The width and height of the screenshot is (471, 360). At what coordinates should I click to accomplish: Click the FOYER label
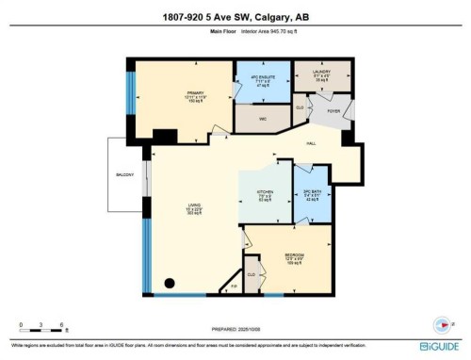333,110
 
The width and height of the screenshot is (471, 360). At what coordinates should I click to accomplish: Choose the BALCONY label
122,174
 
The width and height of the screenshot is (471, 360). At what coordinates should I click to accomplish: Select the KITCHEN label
265,195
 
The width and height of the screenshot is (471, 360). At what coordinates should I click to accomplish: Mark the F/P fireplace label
232,284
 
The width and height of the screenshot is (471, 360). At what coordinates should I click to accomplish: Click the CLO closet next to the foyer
299,107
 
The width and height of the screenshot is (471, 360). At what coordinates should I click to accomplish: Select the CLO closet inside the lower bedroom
252,274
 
